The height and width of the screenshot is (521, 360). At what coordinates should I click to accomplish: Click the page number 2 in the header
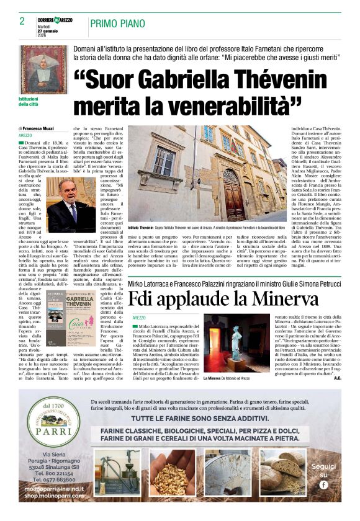pos(22,21)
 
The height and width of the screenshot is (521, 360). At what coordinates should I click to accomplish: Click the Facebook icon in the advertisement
pos(323,484)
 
